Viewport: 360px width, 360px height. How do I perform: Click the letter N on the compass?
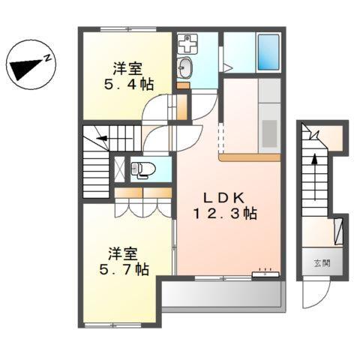point(46,58)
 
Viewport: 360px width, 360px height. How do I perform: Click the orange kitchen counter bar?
point(250,157)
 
